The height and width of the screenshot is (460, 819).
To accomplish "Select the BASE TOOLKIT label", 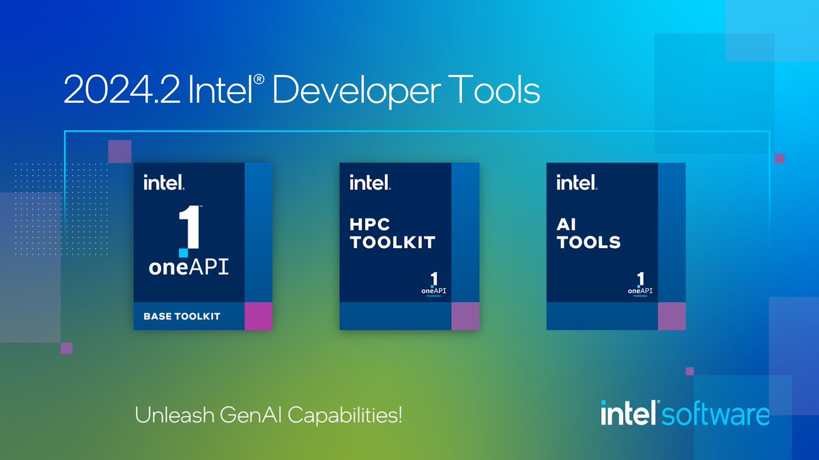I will click(x=182, y=316).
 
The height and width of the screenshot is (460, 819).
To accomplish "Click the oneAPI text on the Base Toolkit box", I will click(x=189, y=266).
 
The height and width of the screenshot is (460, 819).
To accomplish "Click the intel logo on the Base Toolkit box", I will click(x=163, y=183).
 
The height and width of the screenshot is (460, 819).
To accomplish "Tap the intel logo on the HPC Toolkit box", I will click(x=369, y=183).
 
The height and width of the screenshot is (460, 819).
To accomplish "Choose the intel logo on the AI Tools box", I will click(x=576, y=183).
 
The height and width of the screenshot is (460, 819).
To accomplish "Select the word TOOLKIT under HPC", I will click(x=392, y=242).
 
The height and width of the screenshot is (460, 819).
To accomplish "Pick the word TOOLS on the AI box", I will click(x=588, y=242).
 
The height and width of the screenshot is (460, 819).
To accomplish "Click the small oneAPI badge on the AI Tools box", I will click(x=640, y=285).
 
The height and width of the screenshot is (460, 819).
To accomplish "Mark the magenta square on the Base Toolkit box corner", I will click(x=258, y=316).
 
